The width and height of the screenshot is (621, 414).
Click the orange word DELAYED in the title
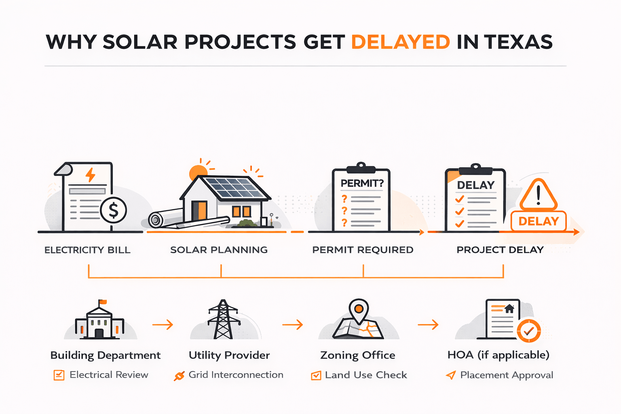(x=400, y=42)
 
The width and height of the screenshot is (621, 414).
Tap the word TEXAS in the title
(x=518, y=42)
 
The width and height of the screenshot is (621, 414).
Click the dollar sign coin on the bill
(x=114, y=210)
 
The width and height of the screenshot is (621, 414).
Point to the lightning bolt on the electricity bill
(x=91, y=175)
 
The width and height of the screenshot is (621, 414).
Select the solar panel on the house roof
(x=234, y=188)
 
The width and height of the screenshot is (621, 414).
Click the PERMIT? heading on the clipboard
(x=362, y=183)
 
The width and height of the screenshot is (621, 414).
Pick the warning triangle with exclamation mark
(x=538, y=195)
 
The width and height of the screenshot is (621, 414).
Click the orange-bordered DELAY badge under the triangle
(x=539, y=221)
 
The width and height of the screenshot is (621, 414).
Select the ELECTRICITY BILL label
(x=87, y=250)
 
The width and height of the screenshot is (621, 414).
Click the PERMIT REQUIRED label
(x=363, y=250)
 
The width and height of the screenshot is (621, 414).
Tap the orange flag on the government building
(x=103, y=302)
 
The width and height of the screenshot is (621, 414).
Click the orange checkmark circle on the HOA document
(x=528, y=331)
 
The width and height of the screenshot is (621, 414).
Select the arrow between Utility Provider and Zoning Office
(x=292, y=324)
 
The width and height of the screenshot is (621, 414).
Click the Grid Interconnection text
(x=236, y=375)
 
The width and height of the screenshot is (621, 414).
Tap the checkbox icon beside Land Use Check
(x=316, y=376)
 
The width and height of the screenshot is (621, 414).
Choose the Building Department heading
(x=106, y=355)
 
